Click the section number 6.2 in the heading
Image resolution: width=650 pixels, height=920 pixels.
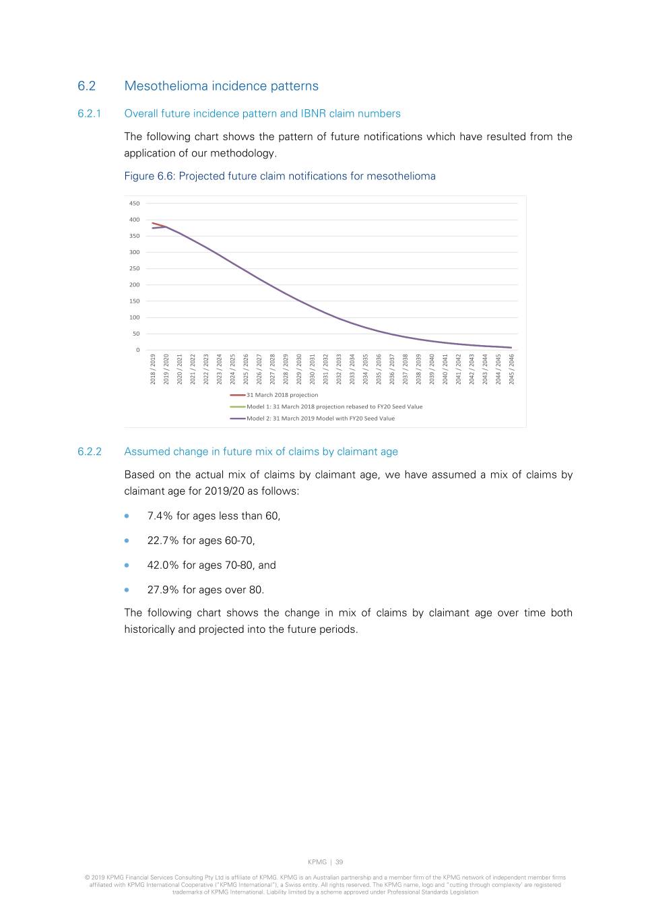(86, 86)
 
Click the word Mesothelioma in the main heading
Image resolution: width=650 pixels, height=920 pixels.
(166, 86)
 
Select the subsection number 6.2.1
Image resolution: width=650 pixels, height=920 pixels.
(89, 113)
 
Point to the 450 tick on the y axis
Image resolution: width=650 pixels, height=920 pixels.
(134, 204)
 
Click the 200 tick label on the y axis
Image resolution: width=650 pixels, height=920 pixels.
(134, 285)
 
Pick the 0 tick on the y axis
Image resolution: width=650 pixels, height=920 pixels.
(137, 350)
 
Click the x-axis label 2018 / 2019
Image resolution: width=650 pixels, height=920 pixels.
(153, 369)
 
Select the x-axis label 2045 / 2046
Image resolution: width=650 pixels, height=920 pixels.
(512, 369)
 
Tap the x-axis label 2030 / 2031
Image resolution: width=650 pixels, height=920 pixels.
(313, 369)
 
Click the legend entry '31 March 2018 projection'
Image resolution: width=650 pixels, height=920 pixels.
(282, 395)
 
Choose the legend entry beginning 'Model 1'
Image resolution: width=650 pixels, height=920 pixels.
(334, 406)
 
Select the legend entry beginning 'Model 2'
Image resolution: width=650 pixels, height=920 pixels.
(320, 419)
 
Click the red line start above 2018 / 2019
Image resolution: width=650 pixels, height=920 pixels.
(153, 223)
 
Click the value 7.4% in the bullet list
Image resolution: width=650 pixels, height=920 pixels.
(160, 516)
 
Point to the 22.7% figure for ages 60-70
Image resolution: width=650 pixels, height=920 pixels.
(163, 541)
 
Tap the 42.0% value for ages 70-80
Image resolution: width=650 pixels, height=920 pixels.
(163, 565)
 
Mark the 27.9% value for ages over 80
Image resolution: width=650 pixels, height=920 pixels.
(163, 590)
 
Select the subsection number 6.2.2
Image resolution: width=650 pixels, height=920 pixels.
(89, 452)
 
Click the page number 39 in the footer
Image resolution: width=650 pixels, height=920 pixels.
(339, 862)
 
